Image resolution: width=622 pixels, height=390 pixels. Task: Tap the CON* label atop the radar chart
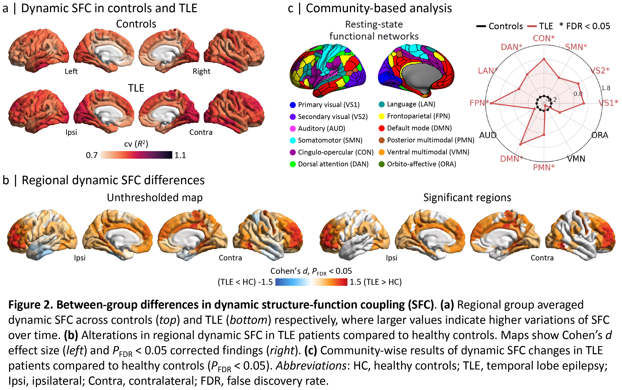click(544, 38)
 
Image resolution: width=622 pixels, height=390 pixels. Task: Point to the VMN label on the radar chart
click(576, 158)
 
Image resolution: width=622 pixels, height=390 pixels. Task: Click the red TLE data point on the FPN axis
click(491, 103)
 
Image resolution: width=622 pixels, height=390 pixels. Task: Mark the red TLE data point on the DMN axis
click(520, 144)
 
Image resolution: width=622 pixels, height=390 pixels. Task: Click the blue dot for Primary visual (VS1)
click(293, 105)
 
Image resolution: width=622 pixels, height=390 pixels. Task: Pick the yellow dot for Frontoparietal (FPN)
click(382, 116)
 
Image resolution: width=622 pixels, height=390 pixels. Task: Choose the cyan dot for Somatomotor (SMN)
click(293, 140)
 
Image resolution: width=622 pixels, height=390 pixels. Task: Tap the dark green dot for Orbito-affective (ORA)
click(382, 164)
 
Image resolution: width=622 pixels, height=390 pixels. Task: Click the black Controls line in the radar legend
click(481, 26)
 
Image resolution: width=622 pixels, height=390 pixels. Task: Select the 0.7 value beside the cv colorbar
click(92, 155)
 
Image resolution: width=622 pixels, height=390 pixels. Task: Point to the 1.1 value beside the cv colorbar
click(180, 155)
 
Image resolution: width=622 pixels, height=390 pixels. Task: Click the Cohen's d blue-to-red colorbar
click(311, 282)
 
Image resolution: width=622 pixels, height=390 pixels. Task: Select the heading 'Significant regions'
click(467, 198)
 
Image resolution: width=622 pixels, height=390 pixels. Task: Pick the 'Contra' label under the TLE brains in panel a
click(201, 132)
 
